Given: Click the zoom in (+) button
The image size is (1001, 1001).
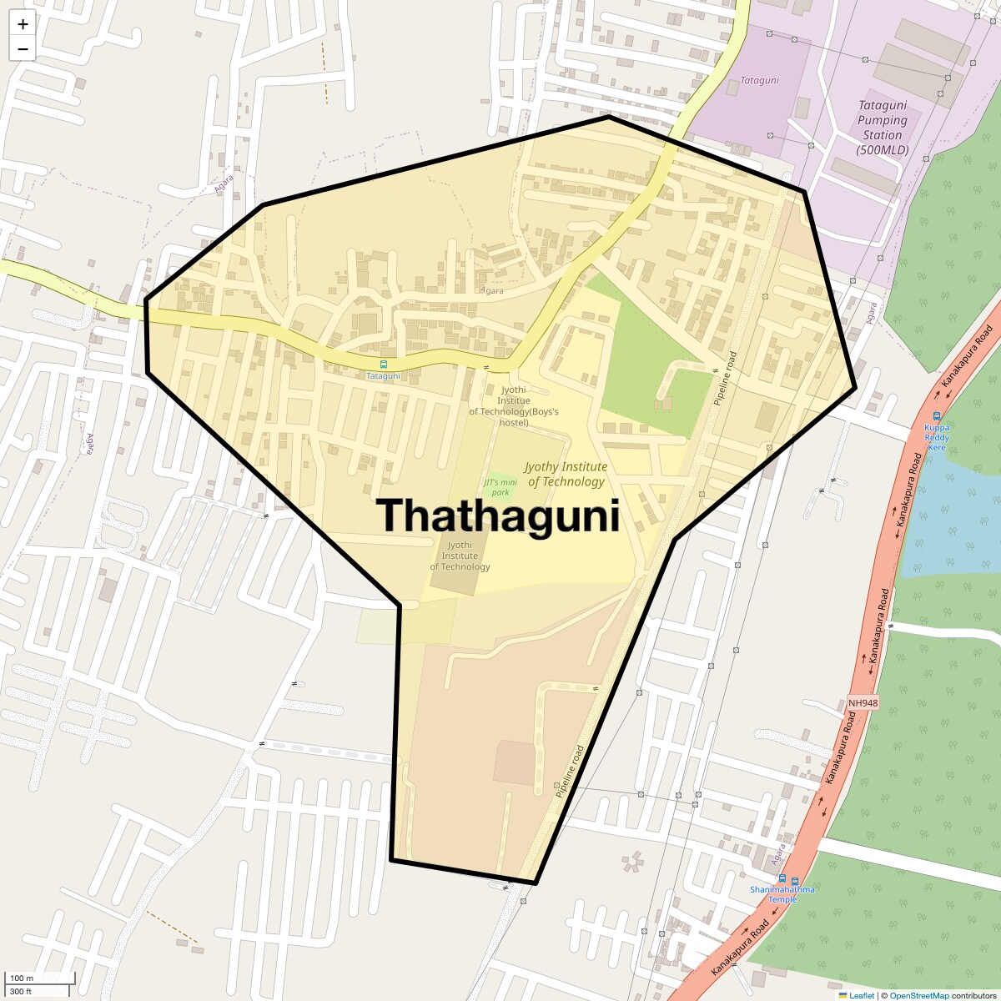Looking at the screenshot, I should [x=23, y=24].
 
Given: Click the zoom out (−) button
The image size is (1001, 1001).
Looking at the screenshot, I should [x=23, y=49].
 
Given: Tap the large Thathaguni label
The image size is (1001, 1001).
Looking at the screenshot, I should [x=498, y=516].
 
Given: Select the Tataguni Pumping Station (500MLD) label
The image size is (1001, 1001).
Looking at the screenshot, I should [x=883, y=128].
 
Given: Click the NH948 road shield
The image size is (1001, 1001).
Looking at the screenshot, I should [x=863, y=703].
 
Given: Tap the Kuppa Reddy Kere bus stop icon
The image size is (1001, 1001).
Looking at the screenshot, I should [x=937, y=416].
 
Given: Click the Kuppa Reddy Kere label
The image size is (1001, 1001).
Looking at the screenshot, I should [x=937, y=437].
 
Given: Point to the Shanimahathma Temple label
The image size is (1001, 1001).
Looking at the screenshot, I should [x=782, y=894].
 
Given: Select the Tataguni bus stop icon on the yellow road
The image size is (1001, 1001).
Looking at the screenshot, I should [x=384, y=365].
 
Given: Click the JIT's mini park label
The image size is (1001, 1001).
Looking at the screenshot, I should [x=500, y=487].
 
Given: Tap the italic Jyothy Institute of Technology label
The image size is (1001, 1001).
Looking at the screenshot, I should [x=566, y=474].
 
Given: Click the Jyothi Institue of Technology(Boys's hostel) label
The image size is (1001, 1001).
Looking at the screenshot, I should [x=514, y=406].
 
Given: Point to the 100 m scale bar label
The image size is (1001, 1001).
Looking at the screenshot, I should [x=23, y=978].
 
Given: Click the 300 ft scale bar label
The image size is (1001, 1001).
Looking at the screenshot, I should [x=21, y=991].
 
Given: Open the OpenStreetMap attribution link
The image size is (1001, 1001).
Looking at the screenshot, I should [x=919, y=995].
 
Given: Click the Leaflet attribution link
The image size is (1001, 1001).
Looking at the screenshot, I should [x=862, y=995].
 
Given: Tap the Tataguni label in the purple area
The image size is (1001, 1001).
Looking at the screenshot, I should [x=759, y=81].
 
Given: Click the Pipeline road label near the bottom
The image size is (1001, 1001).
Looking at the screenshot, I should [x=571, y=771].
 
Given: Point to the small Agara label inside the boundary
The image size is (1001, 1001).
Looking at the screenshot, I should [x=493, y=291].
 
